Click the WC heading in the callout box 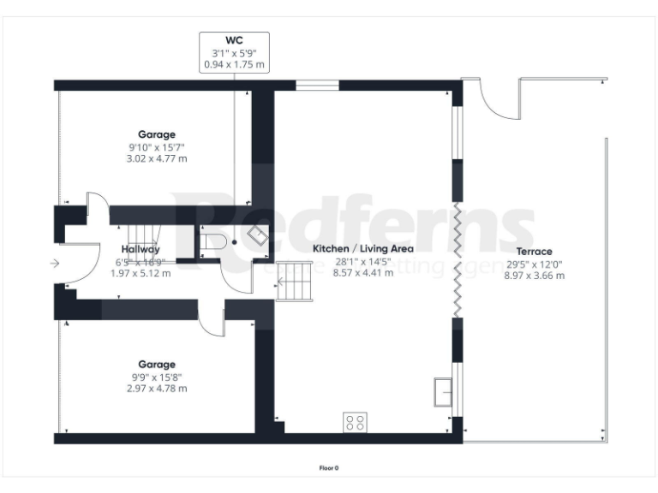[x=234, y=39]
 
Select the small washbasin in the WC [x=256, y=233]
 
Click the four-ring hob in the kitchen [x=355, y=422]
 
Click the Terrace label [x=535, y=252]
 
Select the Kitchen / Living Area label [x=362, y=249]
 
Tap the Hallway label [x=141, y=250]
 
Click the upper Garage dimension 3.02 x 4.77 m [x=157, y=158]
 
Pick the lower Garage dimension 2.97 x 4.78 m [x=157, y=388]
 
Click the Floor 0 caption [x=329, y=468]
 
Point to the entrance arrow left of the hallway [x=56, y=264]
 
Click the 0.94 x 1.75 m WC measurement [x=234, y=63]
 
